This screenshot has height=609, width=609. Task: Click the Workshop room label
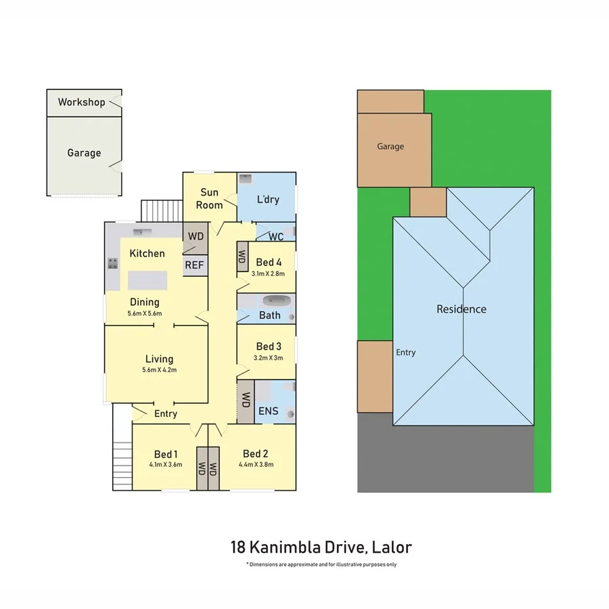click(81, 102)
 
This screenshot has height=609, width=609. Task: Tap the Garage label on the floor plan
click(84, 153)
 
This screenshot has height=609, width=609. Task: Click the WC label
click(275, 237)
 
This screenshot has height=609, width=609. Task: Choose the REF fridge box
click(194, 265)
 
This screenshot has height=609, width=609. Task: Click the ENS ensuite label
click(269, 411)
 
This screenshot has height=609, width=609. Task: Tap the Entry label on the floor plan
click(166, 413)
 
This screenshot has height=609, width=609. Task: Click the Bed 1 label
click(166, 453)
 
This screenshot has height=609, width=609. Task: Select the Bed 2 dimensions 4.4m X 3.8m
click(256, 464)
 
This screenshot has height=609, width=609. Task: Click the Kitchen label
click(147, 253)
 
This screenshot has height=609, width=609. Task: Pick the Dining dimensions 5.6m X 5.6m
click(145, 313)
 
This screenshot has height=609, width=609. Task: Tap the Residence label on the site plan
click(461, 309)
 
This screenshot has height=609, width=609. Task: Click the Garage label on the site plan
click(390, 146)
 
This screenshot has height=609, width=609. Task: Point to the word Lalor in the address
click(390, 547)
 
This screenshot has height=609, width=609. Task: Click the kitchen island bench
click(148, 279)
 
